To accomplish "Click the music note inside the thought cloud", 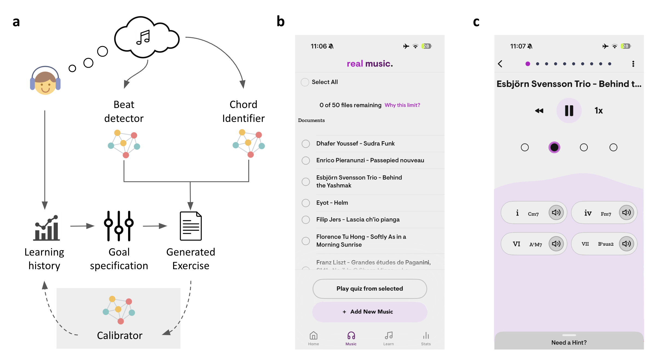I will pyautogui.click(x=143, y=37).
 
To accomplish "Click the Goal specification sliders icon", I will pyautogui.click(x=119, y=226).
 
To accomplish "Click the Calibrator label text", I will pyautogui.click(x=120, y=335).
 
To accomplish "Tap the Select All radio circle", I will pyautogui.click(x=305, y=82).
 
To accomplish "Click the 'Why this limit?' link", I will pyautogui.click(x=402, y=105).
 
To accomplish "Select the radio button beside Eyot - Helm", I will pyautogui.click(x=306, y=203).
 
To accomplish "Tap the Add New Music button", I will pyautogui.click(x=369, y=311).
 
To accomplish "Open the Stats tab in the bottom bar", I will pyautogui.click(x=426, y=338).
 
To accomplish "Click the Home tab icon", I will pyautogui.click(x=314, y=335).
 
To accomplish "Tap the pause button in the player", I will pyautogui.click(x=569, y=110).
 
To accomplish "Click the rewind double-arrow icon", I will pyautogui.click(x=539, y=111).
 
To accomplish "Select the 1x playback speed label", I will pyautogui.click(x=598, y=110).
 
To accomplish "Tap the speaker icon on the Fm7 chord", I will pyautogui.click(x=626, y=212).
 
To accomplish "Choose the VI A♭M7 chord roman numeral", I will pyautogui.click(x=516, y=244).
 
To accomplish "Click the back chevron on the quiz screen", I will pyautogui.click(x=500, y=64).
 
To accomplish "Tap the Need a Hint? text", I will pyautogui.click(x=569, y=342).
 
